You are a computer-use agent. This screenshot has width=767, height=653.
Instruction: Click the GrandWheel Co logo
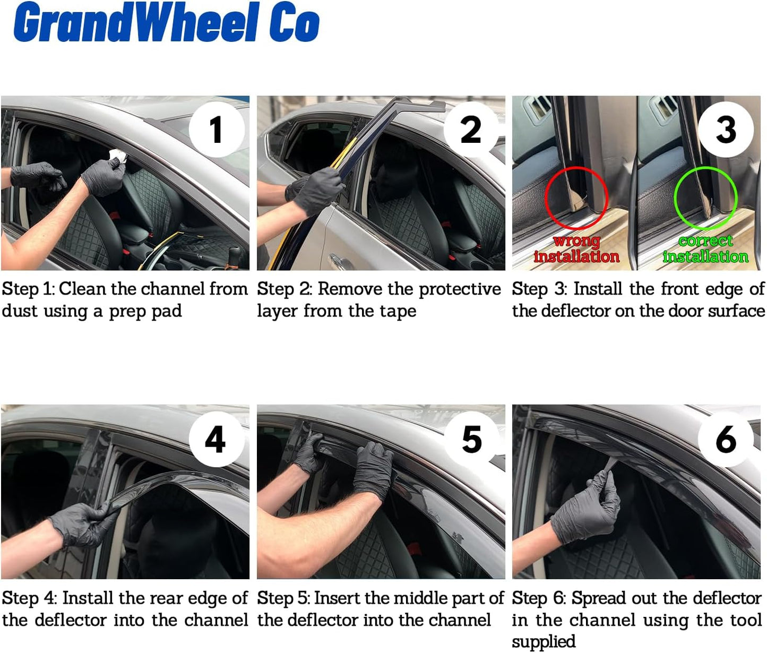click(x=166, y=23)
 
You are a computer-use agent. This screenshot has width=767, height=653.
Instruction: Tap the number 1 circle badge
click(x=216, y=130)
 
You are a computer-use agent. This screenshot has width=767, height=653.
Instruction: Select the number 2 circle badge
click(x=471, y=130)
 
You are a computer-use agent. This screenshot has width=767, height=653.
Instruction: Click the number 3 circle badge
click(x=726, y=130)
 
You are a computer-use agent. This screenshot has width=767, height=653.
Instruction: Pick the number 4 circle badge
click(x=216, y=440)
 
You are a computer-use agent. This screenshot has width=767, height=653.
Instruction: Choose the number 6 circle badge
click(x=726, y=440)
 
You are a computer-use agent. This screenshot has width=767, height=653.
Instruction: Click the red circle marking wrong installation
click(x=576, y=197)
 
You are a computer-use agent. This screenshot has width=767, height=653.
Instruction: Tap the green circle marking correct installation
click(x=705, y=197)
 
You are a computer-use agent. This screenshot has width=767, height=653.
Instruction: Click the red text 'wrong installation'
click(x=576, y=249)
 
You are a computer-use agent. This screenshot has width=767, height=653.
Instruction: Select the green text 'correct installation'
click(x=705, y=249)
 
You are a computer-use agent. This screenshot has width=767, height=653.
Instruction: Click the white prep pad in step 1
click(x=118, y=157)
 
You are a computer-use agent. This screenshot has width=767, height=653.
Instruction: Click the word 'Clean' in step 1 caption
click(x=82, y=289)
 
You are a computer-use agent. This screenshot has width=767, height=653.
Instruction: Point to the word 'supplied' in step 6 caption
click(x=544, y=642)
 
